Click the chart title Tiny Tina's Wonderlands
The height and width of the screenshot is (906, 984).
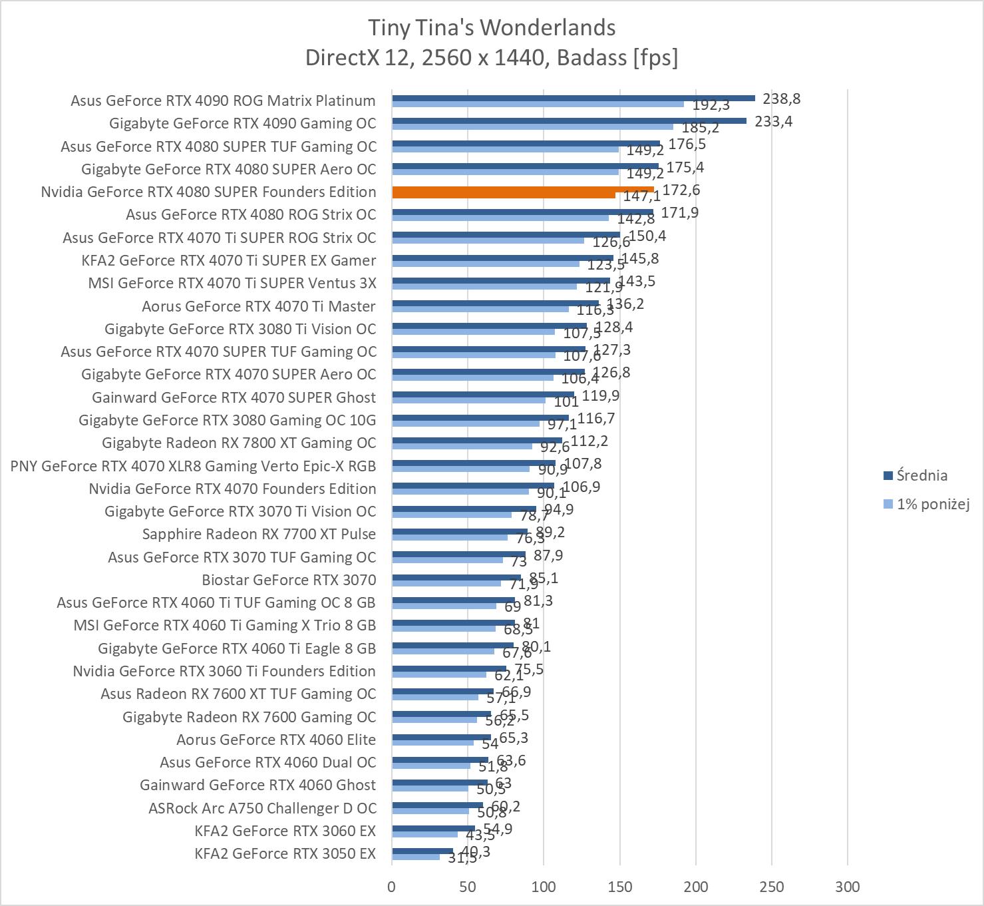(x=492, y=28)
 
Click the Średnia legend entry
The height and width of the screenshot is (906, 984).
(x=921, y=475)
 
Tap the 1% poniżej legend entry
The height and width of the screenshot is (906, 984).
(x=932, y=504)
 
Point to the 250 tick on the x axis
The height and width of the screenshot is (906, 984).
(x=772, y=887)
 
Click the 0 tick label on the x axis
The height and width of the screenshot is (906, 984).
(x=392, y=887)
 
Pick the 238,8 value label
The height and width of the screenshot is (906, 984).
(x=782, y=99)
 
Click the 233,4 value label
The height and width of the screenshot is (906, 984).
(x=774, y=121)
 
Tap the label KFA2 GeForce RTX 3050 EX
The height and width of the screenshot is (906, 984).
(x=285, y=853)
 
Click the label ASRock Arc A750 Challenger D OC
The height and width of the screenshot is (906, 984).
(x=262, y=808)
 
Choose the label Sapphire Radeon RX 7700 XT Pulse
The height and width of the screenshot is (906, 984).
(x=259, y=534)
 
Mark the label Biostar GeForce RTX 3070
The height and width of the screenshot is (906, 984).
(x=289, y=580)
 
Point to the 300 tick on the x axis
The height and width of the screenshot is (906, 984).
(x=848, y=887)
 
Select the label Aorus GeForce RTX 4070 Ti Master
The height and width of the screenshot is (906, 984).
(x=259, y=306)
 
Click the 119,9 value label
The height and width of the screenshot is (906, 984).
(x=601, y=396)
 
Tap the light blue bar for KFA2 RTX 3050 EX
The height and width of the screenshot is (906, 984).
(x=416, y=857)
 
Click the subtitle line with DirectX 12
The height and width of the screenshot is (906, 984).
(x=492, y=58)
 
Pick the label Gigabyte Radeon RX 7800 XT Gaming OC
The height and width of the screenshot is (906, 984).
(x=239, y=443)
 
